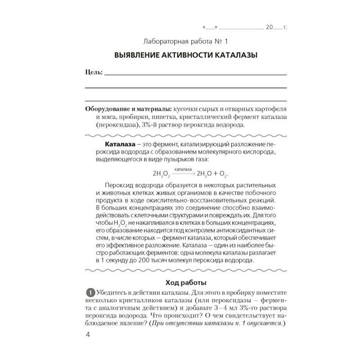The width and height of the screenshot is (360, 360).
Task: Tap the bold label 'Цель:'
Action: (93, 72)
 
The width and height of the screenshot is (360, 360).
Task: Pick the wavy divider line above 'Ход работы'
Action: (185, 271)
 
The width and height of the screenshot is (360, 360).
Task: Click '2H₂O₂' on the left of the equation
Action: (161, 173)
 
